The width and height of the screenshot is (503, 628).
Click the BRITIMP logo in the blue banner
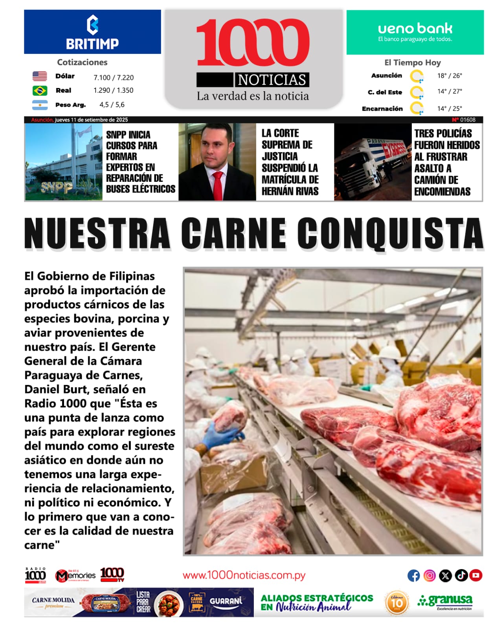pyautogui.click(x=92, y=33)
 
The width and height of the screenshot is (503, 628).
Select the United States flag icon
pyautogui.click(x=40, y=76)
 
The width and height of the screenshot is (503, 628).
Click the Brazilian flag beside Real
pyautogui.click(x=40, y=91)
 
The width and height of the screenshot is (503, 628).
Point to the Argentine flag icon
pyautogui.click(x=40, y=105)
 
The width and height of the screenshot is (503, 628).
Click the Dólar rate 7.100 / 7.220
pyautogui.click(x=113, y=78)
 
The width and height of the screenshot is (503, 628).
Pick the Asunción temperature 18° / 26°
pyautogui.click(x=450, y=76)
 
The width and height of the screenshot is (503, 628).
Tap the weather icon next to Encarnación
pyautogui.click(x=417, y=108)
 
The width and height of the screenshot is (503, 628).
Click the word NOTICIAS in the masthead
pyautogui.click(x=272, y=80)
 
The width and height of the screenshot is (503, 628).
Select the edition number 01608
pyautogui.click(x=468, y=120)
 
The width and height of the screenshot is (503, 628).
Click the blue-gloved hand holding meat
pyautogui.click(x=222, y=436)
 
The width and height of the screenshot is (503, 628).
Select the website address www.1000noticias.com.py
pyautogui.click(x=244, y=575)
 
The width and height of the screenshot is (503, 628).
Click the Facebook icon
pyautogui.click(x=413, y=576)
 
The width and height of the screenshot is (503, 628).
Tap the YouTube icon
pyautogui.click(x=476, y=576)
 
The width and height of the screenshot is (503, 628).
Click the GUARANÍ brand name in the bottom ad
pyautogui.click(x=226, y=601)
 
